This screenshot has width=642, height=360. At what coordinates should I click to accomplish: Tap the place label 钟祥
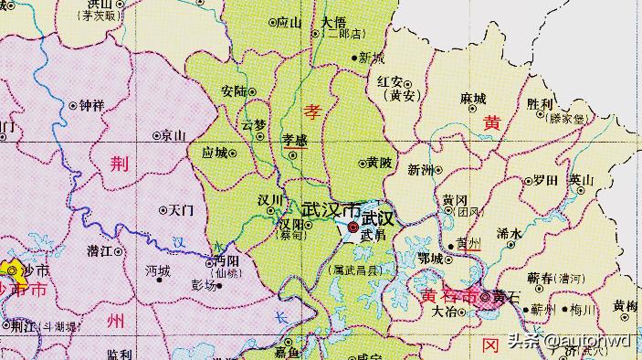click(92, 105)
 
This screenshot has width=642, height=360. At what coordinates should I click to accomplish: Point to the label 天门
click(182, 209)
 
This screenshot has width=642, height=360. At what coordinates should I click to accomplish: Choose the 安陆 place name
click(234, 90)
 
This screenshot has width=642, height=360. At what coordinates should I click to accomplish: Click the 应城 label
click(215, 153)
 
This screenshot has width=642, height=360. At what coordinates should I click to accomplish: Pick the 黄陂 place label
click(380, 163)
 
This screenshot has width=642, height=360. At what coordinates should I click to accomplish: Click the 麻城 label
click(473, 99)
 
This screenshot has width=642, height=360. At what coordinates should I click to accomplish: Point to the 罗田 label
click(545, 179)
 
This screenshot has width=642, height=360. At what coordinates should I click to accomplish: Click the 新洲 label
click(421, 170)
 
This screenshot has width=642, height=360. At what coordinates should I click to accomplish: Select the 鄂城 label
click(429, 259)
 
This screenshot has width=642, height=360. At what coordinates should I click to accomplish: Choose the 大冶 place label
click(444, 312)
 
